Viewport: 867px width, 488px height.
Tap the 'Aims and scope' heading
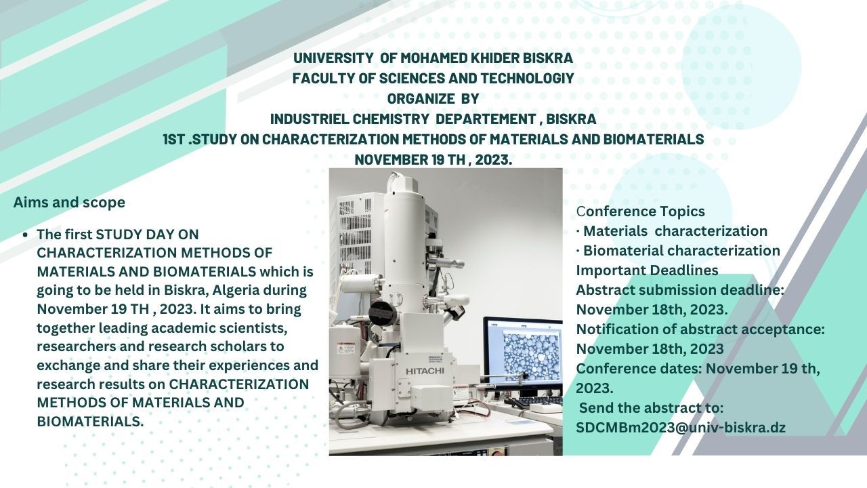click(x=69, y=203)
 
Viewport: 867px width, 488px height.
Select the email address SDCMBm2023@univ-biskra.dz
click(x=681, y=428)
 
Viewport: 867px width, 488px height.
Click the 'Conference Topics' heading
click(x=641, y=211)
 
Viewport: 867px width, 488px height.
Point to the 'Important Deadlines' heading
click(x=647, y=270)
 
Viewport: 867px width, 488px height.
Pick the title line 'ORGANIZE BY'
click(x=433, y=99)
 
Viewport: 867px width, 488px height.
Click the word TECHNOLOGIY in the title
click(x=527, y=78)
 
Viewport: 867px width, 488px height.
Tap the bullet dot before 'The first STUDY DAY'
click(x=26, y=235)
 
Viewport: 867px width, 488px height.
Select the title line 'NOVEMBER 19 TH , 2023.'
click(x=433, y=159)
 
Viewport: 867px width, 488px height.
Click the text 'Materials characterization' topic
click(x=675, y=231)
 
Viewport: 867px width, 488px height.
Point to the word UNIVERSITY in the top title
click(x=333, y=58)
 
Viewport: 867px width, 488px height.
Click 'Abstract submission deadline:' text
click(x=680, y=290)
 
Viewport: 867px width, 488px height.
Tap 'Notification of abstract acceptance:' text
click(x=700, y=329)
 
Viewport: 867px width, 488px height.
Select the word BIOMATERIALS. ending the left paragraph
click(x=90, y=422)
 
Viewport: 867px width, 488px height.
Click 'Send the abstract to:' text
click(x=652, y=408)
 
